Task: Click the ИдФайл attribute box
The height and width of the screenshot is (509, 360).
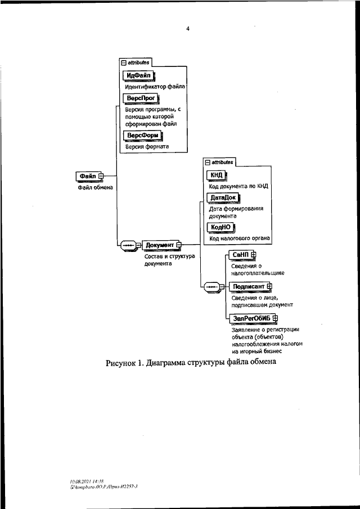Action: point(138,75)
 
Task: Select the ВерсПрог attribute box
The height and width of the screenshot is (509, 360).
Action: point(141,98)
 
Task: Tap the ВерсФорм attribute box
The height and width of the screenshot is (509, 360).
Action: point(142,136)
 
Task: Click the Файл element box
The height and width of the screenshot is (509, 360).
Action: point(88,176)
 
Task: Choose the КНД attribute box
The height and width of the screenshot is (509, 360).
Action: point(216,175)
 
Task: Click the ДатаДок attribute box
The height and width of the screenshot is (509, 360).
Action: point(223,197)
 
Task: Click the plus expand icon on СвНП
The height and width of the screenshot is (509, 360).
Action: point(254,255)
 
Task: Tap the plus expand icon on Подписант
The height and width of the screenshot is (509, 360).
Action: point(269,287)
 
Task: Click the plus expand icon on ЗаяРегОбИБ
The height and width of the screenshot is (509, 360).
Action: point(276,318)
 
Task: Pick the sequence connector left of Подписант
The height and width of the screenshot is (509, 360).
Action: point(214,287)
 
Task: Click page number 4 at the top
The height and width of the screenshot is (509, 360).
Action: point(188,29)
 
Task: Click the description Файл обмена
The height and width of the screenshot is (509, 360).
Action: point(95,187)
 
